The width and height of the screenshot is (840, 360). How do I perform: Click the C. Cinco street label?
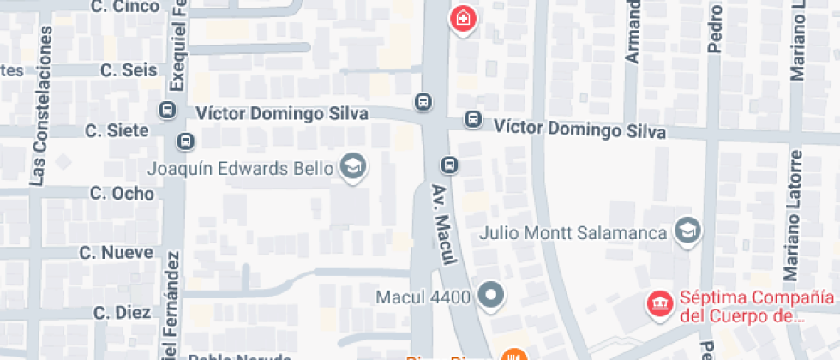(x=125, y=7)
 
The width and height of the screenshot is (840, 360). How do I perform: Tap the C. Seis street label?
(x=129, y=70)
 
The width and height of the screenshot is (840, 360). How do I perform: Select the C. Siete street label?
(x=117, y=130)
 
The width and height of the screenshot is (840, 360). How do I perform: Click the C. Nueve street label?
(x=116, y=253)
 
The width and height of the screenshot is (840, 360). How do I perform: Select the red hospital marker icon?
(x=463, y=18)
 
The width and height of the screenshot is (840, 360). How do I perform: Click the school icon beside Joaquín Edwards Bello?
(x=351, y=167)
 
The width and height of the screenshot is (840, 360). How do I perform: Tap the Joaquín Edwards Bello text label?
(x=240, y=169)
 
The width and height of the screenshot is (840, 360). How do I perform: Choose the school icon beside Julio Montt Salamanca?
(x=687, y=231)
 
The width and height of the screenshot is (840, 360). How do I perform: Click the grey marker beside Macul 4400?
(x=491, y=297)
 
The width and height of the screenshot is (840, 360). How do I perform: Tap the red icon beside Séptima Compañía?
(x=660, y=302)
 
